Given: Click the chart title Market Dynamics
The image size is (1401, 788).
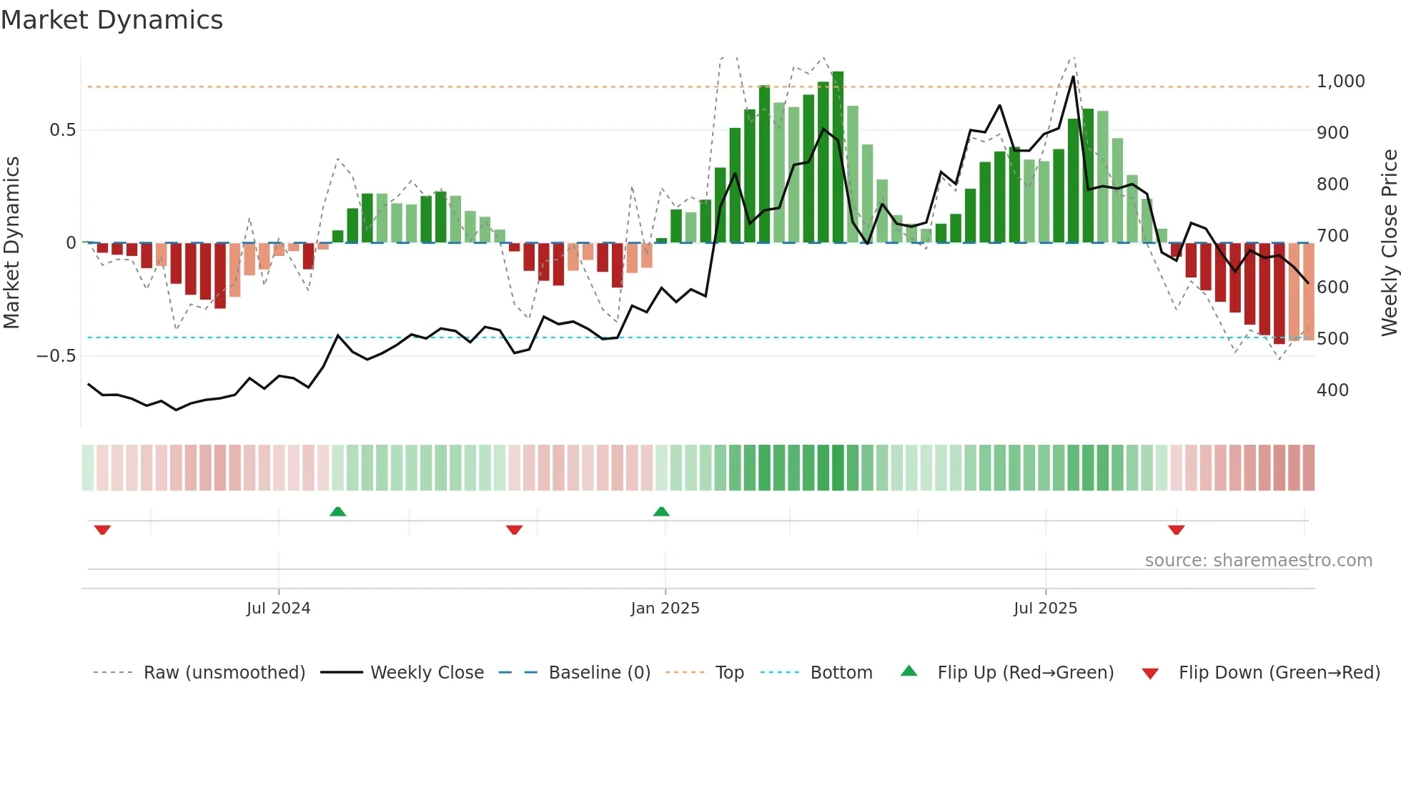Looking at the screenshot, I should coord(112,20).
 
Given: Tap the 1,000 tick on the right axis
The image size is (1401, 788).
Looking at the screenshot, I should coord(1340,82).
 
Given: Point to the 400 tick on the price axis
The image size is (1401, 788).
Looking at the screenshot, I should coord(1332,390).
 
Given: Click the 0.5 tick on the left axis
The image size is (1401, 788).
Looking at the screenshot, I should coord(62,130).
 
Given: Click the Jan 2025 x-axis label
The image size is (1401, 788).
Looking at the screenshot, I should coord(665,609).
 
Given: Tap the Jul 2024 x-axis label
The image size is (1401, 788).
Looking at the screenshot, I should coord(278,609).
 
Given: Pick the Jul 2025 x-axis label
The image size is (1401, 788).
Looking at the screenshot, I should coord(1045,609).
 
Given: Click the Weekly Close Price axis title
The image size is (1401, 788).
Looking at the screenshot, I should coord(1389,243).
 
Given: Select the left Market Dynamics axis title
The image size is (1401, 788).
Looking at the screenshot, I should coord(11,243).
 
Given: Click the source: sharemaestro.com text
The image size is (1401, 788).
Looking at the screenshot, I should coord(1258,561).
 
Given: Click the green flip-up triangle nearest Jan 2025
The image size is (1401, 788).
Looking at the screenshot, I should coord(661,511).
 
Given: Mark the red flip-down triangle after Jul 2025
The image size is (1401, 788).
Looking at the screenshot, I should coord(1176,530).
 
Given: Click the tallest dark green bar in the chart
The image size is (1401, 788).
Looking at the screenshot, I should coord(838,157).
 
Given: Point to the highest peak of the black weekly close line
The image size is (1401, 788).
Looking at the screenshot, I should coord(1074,77).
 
